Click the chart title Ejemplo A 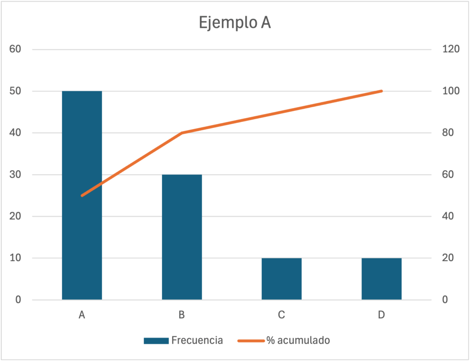235,23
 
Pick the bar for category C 281,279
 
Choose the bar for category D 381,279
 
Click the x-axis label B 182,315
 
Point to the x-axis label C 281,315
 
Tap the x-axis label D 381,315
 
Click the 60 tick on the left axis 16,49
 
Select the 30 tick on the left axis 16,174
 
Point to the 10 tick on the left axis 16,258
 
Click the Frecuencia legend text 197,340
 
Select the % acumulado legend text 298,340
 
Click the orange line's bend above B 182,133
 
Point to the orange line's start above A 82,195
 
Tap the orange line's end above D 381,91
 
